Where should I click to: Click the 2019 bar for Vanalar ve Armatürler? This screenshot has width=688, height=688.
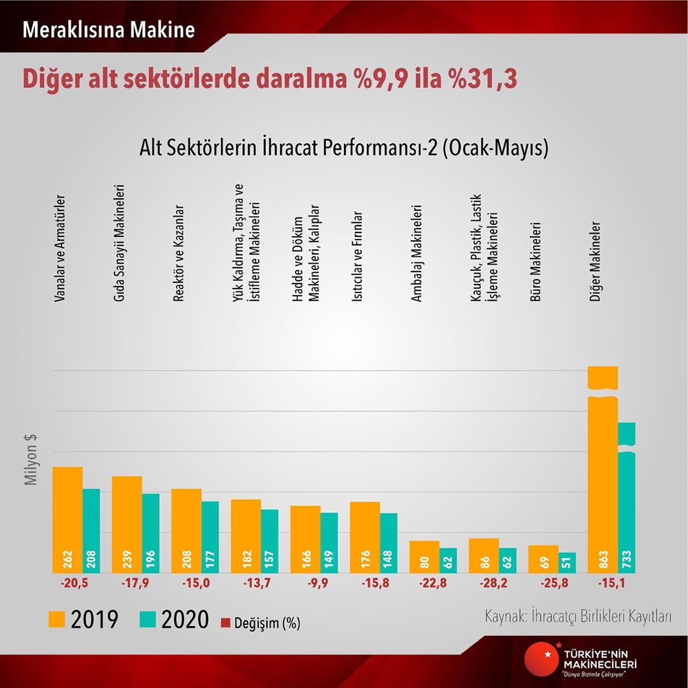(68, 519)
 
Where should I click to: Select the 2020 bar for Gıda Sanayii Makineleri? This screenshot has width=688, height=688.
(150, 533)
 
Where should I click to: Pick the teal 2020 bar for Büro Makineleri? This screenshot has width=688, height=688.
(567, 563)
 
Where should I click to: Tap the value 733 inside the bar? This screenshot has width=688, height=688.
(626, 559)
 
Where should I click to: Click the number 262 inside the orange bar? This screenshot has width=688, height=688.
(68, 559)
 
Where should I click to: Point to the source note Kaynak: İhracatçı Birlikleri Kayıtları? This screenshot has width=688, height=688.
(578, 617)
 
